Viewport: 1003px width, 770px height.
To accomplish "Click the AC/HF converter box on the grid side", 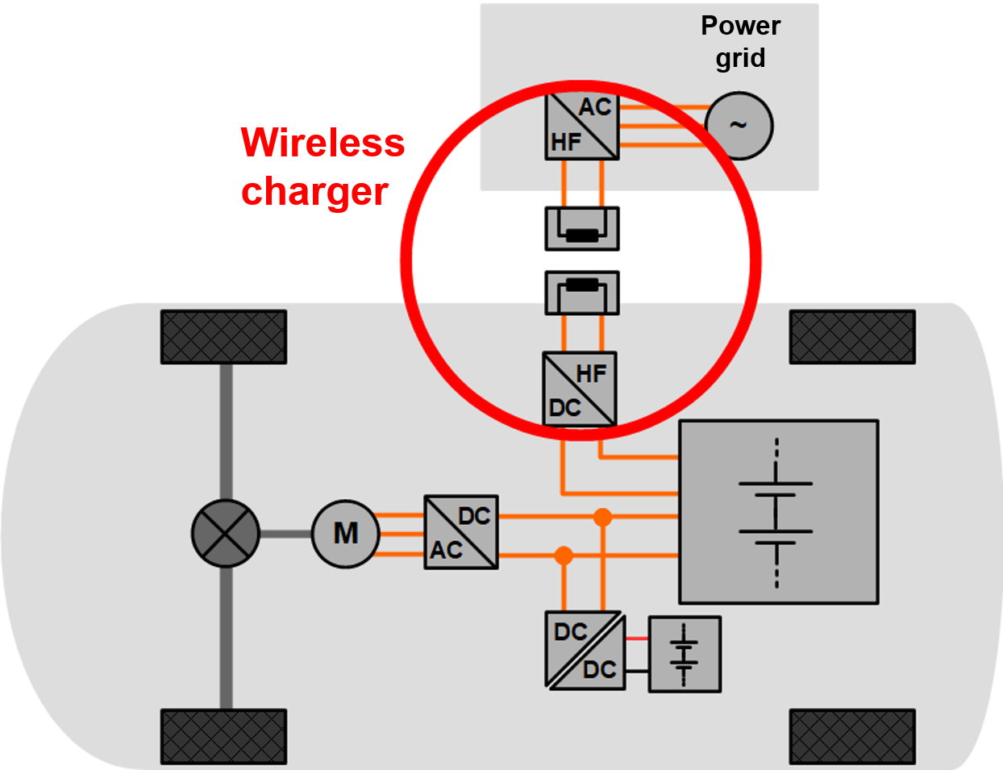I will [582, 126].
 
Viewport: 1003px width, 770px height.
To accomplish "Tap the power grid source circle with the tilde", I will [739, 126].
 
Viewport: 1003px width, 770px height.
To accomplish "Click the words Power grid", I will [740, 42].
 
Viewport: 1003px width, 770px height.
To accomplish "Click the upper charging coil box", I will [582, 228].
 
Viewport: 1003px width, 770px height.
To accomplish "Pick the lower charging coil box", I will [582, 293].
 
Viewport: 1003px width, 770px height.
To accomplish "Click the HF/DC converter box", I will [580, 389].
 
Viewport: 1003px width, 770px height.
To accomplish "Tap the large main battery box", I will [778, 511].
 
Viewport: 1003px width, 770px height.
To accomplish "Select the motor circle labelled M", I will [345, 533].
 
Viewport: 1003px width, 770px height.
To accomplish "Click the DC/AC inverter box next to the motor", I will [461, 532].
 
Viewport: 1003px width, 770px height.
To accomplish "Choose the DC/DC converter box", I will [585, 650].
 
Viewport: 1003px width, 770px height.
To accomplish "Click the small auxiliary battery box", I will [685, 654].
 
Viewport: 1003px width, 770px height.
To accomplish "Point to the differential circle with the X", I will [226, 533].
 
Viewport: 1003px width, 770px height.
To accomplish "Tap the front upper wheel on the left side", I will [223, 337].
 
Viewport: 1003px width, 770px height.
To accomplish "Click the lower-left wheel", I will [223, 736].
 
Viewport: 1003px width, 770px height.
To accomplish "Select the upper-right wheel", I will [852, 337].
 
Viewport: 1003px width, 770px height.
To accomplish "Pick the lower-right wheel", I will [852, 736].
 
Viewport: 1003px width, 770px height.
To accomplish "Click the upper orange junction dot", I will [602, 517].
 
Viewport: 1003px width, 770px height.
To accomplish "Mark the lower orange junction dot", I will [564, 556].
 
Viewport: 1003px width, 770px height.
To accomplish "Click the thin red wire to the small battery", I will [637, 639].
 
